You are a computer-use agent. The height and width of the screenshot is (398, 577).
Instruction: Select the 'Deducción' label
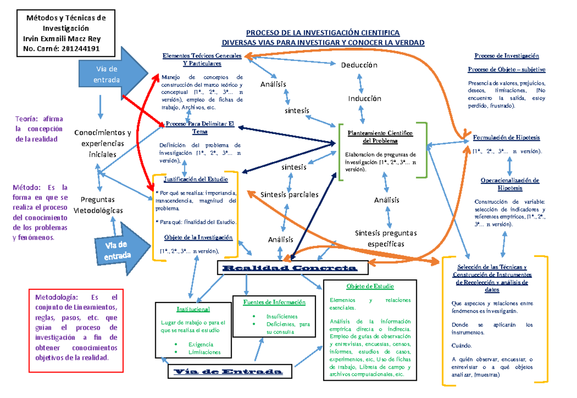tap(359, 65)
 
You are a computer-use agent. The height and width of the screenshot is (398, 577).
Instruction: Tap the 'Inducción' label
tap(364, 98)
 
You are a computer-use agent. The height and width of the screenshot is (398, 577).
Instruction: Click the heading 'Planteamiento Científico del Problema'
tap(380, 137)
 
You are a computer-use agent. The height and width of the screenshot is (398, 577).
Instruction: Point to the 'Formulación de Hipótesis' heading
tap(506, 137)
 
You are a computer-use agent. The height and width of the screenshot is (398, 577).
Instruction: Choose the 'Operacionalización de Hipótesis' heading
tap(510, 184)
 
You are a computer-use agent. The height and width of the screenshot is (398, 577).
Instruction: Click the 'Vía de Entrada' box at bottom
tap(227, 372)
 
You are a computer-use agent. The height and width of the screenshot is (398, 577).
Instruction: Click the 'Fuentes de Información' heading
tap(274, 302)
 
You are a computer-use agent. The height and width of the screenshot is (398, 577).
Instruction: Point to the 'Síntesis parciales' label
tap(289, 194)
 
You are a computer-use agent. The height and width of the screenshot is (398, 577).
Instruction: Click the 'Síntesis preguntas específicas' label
tap(386, 238)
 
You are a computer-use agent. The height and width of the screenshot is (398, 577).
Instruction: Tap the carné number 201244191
tap(81, 48)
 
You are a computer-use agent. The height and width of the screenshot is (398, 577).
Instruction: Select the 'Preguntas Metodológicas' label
tap(98, 205)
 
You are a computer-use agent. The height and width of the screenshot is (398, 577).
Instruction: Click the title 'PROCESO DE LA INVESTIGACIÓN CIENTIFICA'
tap(323, 33)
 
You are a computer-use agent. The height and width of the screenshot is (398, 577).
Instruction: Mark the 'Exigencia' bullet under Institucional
tap(201, 344)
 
